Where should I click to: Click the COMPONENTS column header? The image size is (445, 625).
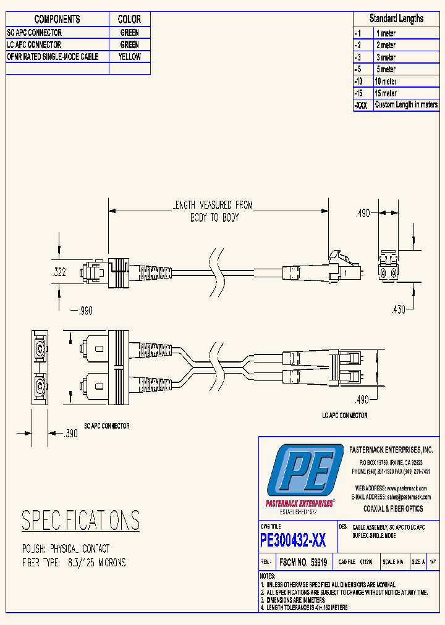(57, 19)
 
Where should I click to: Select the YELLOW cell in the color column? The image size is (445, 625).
(130, 57)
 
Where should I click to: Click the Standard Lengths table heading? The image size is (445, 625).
(396, 19)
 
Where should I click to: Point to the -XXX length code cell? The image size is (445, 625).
(362, 106)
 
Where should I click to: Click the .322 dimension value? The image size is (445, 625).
(59, 271)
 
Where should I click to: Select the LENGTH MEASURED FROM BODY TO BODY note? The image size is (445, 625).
(212, 211)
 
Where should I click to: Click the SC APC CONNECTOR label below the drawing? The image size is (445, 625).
(106, 426)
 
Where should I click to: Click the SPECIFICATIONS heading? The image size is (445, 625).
(81, 521)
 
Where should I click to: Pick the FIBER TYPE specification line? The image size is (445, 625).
(74, 563)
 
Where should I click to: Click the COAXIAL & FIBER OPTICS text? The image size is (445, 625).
(392, 509)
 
